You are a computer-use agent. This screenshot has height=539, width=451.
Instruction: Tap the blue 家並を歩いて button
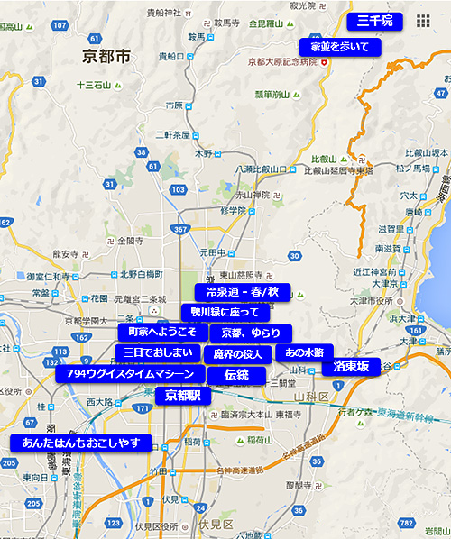point(340,46)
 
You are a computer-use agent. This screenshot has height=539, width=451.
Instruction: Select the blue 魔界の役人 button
point(237,354)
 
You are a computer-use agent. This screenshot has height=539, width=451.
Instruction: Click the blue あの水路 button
point(304,352)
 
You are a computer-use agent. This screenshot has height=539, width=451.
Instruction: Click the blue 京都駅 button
point(183,396)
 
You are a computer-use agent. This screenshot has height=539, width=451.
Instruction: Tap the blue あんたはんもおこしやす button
point(80,443)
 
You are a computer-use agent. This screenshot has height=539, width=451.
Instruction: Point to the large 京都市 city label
point(106,57)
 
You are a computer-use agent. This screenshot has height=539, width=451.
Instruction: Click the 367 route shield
point(180,230)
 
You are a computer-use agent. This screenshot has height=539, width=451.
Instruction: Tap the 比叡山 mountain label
point(322,159)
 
